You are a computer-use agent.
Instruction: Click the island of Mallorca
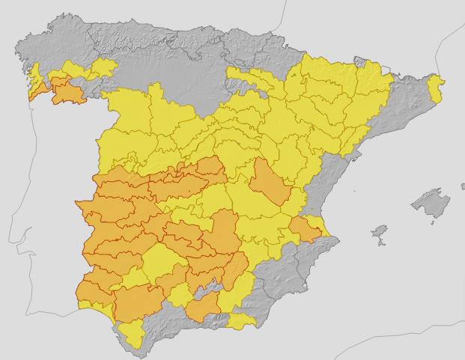click(428, 203)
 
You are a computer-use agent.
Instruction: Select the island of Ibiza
click(380, 231)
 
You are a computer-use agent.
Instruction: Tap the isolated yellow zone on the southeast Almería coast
click(241, 322)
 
